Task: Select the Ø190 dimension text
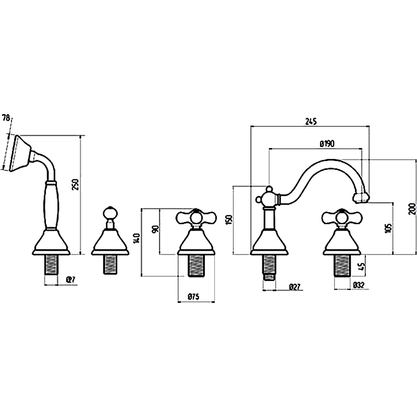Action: pyautogui.click(x=326, y=144)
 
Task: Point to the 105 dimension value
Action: pyautogui.click(x=388, y=228)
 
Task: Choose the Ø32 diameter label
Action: pyautogui.click(x=358, y=286)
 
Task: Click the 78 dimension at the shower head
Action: pyautogui.click(x=6, y=119)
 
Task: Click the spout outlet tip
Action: pyautogui.click(x=362, y=198)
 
